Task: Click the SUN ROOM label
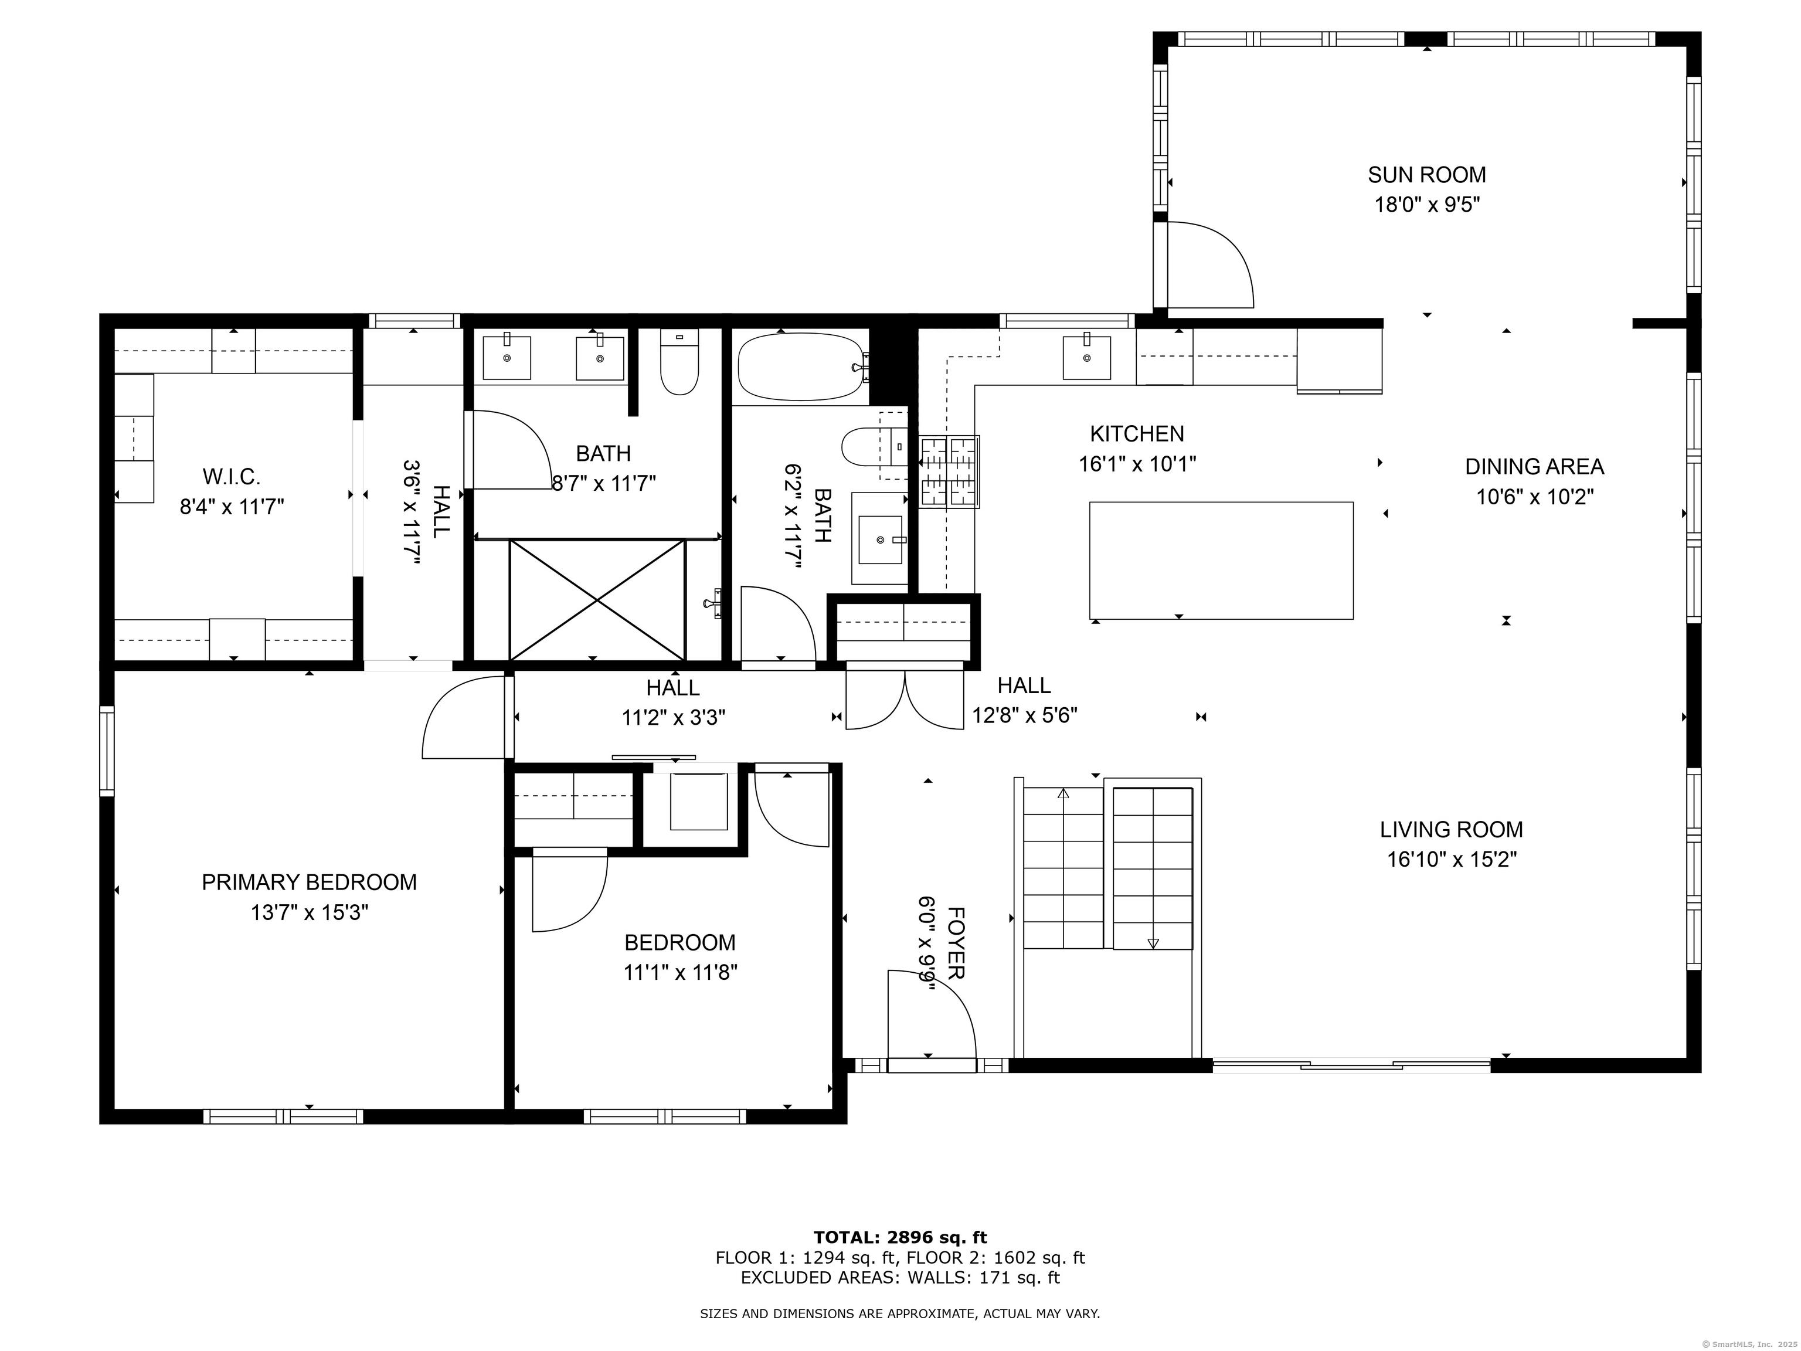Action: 1426,174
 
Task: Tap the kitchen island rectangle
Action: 1221,560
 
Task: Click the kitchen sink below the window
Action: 1086,358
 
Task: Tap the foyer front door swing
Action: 932,1014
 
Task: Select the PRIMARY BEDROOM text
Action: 310,882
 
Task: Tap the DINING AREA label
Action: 1535,467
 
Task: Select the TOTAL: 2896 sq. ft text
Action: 900,1238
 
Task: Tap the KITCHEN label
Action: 1137,434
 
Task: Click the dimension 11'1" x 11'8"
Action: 681,972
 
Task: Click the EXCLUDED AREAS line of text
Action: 900,1278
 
